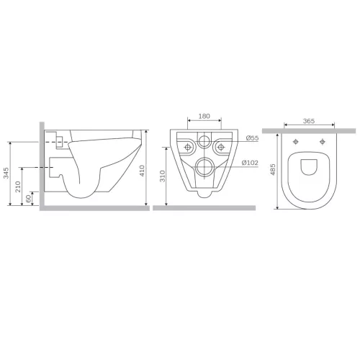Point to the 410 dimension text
(143, 171)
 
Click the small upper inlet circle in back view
(204, 143)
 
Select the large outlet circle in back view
(204, 168)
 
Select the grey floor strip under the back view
(204, 208)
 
